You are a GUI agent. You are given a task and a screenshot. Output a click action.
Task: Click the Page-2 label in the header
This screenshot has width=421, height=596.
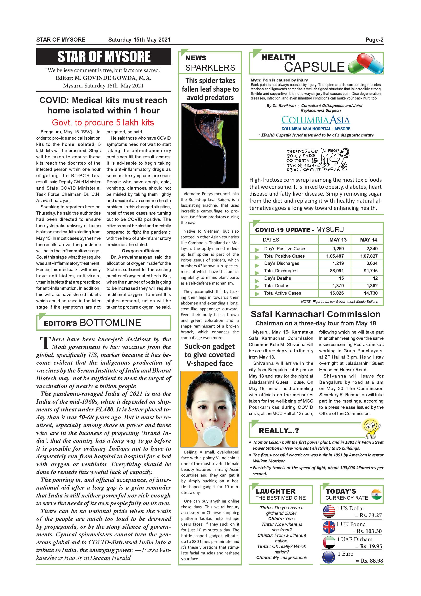click(x=374, y=40)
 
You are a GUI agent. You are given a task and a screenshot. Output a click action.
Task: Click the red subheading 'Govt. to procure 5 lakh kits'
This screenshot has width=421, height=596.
click(x=103, y=123)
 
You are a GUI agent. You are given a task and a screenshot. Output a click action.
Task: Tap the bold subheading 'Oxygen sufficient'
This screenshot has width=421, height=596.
click(x=140, y=251)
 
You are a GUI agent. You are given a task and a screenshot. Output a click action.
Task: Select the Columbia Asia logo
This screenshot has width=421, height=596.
click(x=316, y=120)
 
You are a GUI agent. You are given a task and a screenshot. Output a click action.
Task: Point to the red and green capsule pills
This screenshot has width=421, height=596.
click(x=366, y=64)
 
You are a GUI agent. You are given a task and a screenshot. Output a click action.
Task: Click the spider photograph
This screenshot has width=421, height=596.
click(x=210, y=146)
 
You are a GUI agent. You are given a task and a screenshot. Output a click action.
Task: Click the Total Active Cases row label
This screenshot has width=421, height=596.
click(x=282, y=293)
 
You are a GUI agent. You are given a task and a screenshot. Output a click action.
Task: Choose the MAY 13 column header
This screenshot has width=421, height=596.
click(x=338, y=240)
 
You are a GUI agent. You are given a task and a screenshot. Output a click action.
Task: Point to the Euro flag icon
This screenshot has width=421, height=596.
click(x=329, y=557)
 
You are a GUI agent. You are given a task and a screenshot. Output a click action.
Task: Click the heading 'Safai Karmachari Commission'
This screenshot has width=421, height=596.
click(x=315, y=314)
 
